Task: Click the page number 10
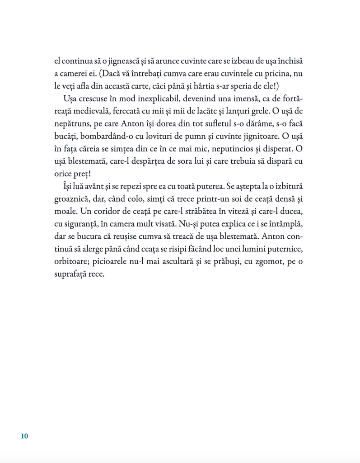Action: point(24,436)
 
